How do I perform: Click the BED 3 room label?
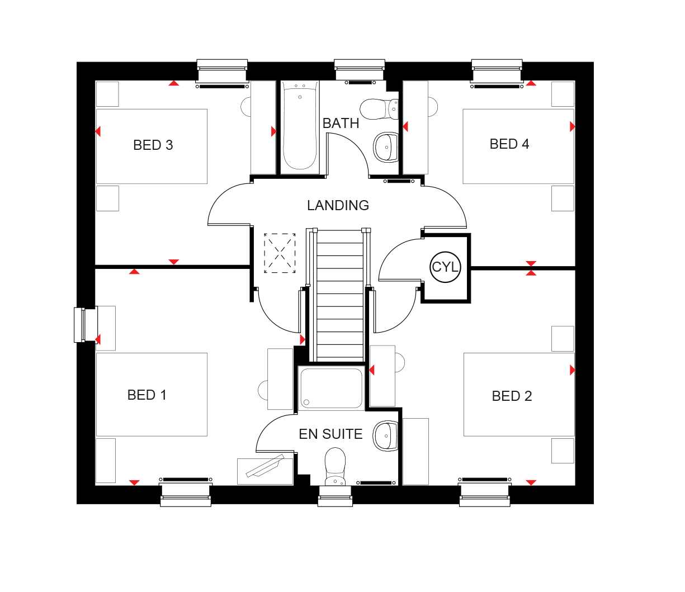point(153,145)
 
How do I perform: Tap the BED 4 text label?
point(509,144)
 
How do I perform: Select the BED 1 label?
point(147,395)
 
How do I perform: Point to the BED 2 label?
point(512,396)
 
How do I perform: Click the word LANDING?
point(338,206)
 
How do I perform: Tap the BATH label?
point(341,124)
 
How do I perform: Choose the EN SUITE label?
point(330,434)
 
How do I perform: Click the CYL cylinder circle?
point(445,267)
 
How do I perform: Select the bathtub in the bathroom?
point(300,126)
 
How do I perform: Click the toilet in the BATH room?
point(378,109)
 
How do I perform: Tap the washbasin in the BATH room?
point(385,148)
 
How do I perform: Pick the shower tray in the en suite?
point(330,388)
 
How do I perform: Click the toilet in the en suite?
point(335,467)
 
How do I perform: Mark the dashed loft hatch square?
point(280,253)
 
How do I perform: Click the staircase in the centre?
point(340,295)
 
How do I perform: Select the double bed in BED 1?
point(152,395)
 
